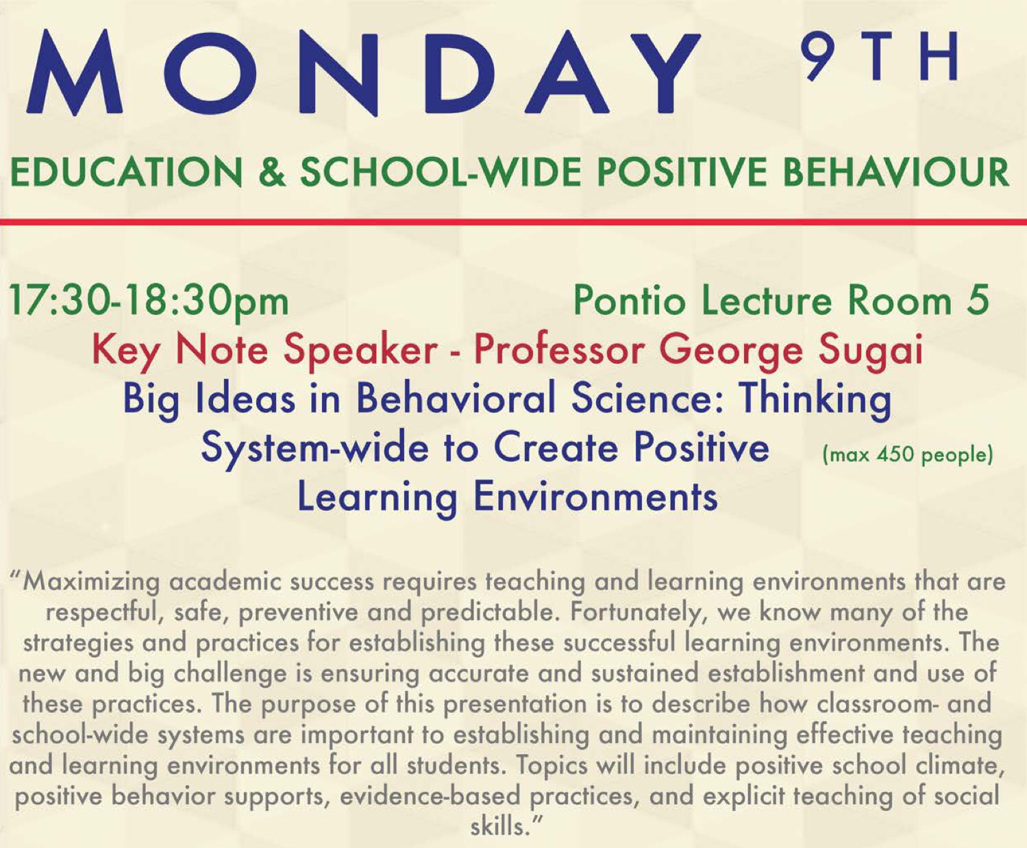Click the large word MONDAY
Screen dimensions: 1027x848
363,73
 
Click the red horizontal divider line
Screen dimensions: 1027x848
514,222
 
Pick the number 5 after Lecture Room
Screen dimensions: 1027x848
978,301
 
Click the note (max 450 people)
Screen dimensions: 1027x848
908,455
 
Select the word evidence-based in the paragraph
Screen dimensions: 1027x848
430,797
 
